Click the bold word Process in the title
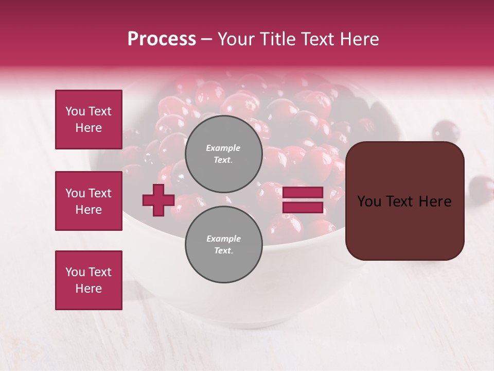click(x=162, y=39)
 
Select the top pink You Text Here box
click(x=89, y=120)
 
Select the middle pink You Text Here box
click(x=89, y=201)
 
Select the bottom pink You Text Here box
click(x=89, y=280)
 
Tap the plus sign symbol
click(x=158, y=200)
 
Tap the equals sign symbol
click(x=303, y=200)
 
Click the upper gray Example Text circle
click(x=223, y=154)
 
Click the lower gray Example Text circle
click(x=223, y=244)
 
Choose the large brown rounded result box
click(x=404, y=201)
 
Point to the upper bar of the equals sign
click(x=303, y=193)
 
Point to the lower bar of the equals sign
click(x=303, y=207)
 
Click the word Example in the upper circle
click(x=223, y=148)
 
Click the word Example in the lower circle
click(x=223, y=239)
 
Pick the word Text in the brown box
click(x=403, y=201)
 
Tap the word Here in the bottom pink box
click(x=89, y=289)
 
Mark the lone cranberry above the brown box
click(x=446, y=131)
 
